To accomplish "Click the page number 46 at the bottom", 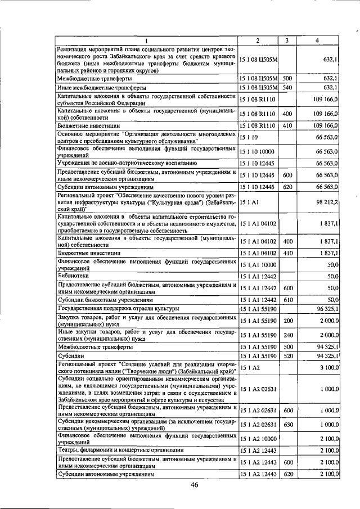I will (x=194, y=485).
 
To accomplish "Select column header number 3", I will (x=286, y=40).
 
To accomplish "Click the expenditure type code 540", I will (x=287, y=88).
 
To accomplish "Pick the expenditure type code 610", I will (x=287, y=299).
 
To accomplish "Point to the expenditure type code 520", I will (x=287, y=356).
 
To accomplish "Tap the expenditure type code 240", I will (x=287, y=336).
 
